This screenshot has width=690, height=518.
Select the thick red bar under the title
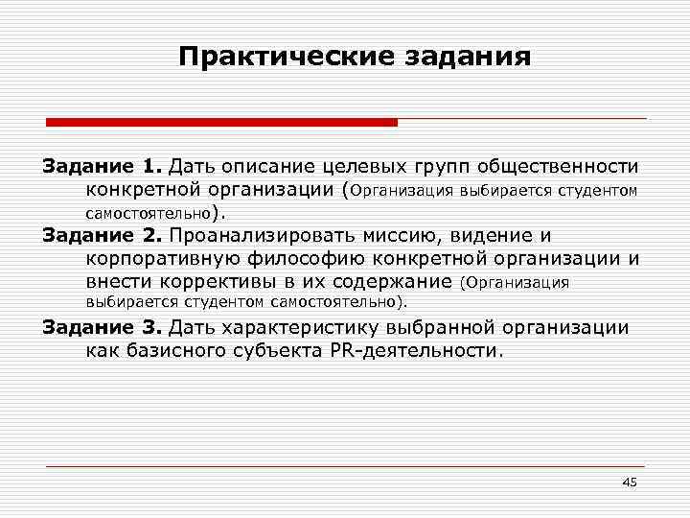pyautogui.click(x=221, y=122)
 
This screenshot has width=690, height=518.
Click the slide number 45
pyautogui.click(x=629, y=482)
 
